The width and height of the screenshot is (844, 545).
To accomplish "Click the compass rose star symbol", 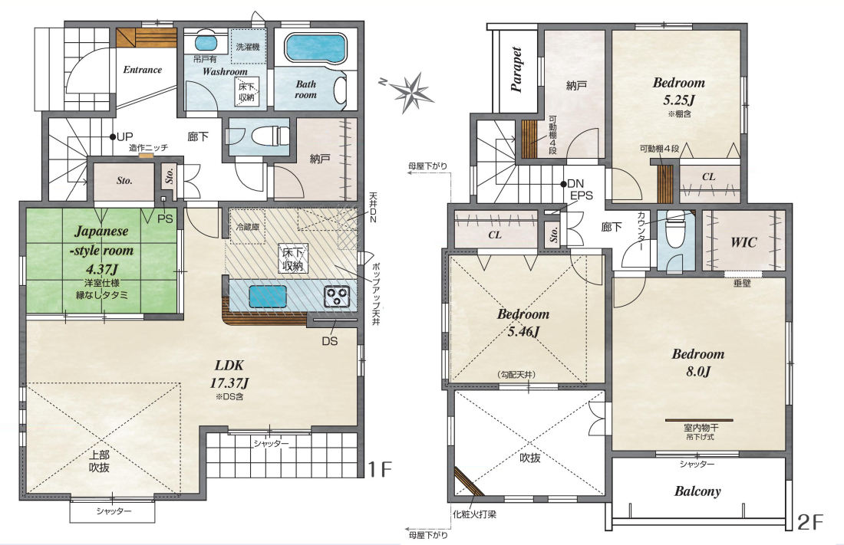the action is click(x=412, y=93).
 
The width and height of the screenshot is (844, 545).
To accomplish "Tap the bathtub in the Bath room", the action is click(x=315, y=49).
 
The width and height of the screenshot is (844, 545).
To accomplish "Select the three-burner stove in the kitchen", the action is click(x=337, y=297).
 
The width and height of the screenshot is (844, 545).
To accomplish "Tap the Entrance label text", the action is click(x=143, y=70).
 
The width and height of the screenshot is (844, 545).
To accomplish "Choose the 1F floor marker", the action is click(x=379, y=469).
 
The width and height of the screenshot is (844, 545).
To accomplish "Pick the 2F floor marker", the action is click(x=810, y=522).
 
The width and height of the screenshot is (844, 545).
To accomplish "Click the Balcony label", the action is click(x=697, y=491).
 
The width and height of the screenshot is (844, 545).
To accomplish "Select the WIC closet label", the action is click(x=743, y=242).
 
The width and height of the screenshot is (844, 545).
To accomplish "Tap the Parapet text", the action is click(x=516, y=70).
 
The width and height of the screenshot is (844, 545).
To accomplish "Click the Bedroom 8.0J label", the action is click(x=698, y=362).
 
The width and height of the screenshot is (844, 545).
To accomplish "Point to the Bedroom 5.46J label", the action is click(x=523, y=322).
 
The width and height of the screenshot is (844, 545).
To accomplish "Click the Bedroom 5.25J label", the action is click(x=679, y=91).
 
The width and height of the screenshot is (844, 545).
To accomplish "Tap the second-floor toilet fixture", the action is click(x=673, y=228).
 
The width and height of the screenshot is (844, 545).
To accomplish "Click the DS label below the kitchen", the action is click(x=329, y=341).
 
